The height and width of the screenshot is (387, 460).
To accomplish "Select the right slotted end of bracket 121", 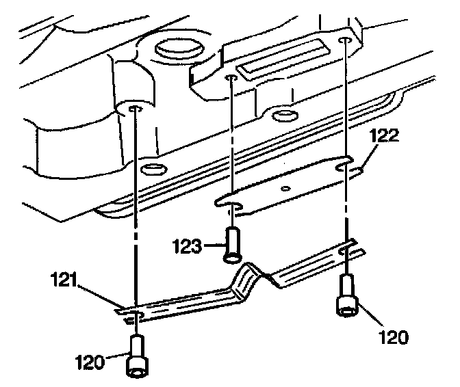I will [347, 251].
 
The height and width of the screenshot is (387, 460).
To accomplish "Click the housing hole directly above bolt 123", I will [231, 79].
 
